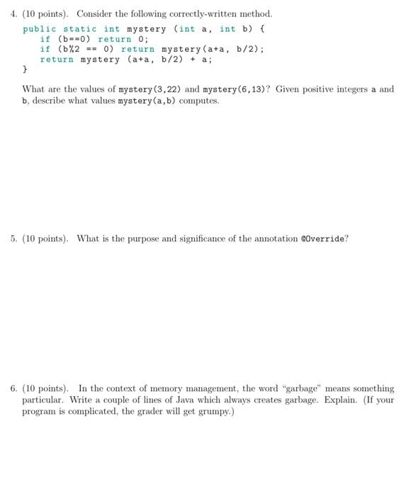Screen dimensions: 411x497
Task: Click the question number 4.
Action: point(13,14)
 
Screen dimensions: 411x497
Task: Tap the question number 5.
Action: point(13,239)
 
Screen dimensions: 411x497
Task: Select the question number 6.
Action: point(13,388)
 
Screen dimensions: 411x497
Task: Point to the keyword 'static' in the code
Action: point(80,29)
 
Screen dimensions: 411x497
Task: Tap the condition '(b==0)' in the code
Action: point(74,39)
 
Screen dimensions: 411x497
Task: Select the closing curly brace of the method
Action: point(26,70)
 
